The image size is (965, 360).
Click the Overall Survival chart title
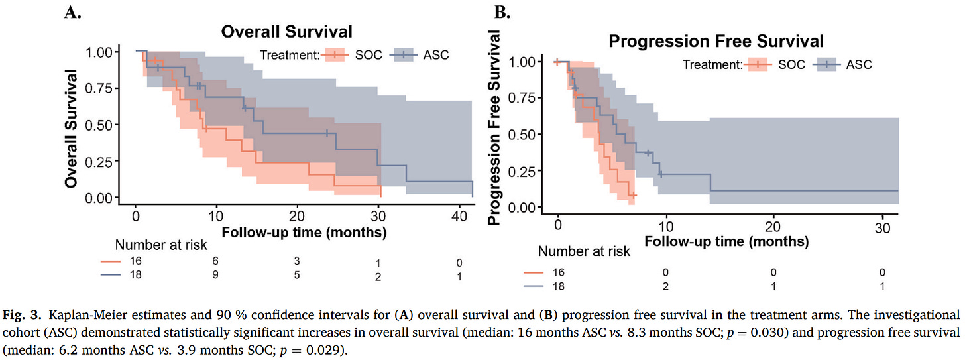[286, 31]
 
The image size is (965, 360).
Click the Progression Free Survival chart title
[716, 41]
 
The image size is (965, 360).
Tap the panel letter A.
[73, 11]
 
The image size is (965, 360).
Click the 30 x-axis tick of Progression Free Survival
[881, 225]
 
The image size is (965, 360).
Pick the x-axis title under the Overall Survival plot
[304, 233]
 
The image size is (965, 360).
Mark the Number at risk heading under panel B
[584, 251]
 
